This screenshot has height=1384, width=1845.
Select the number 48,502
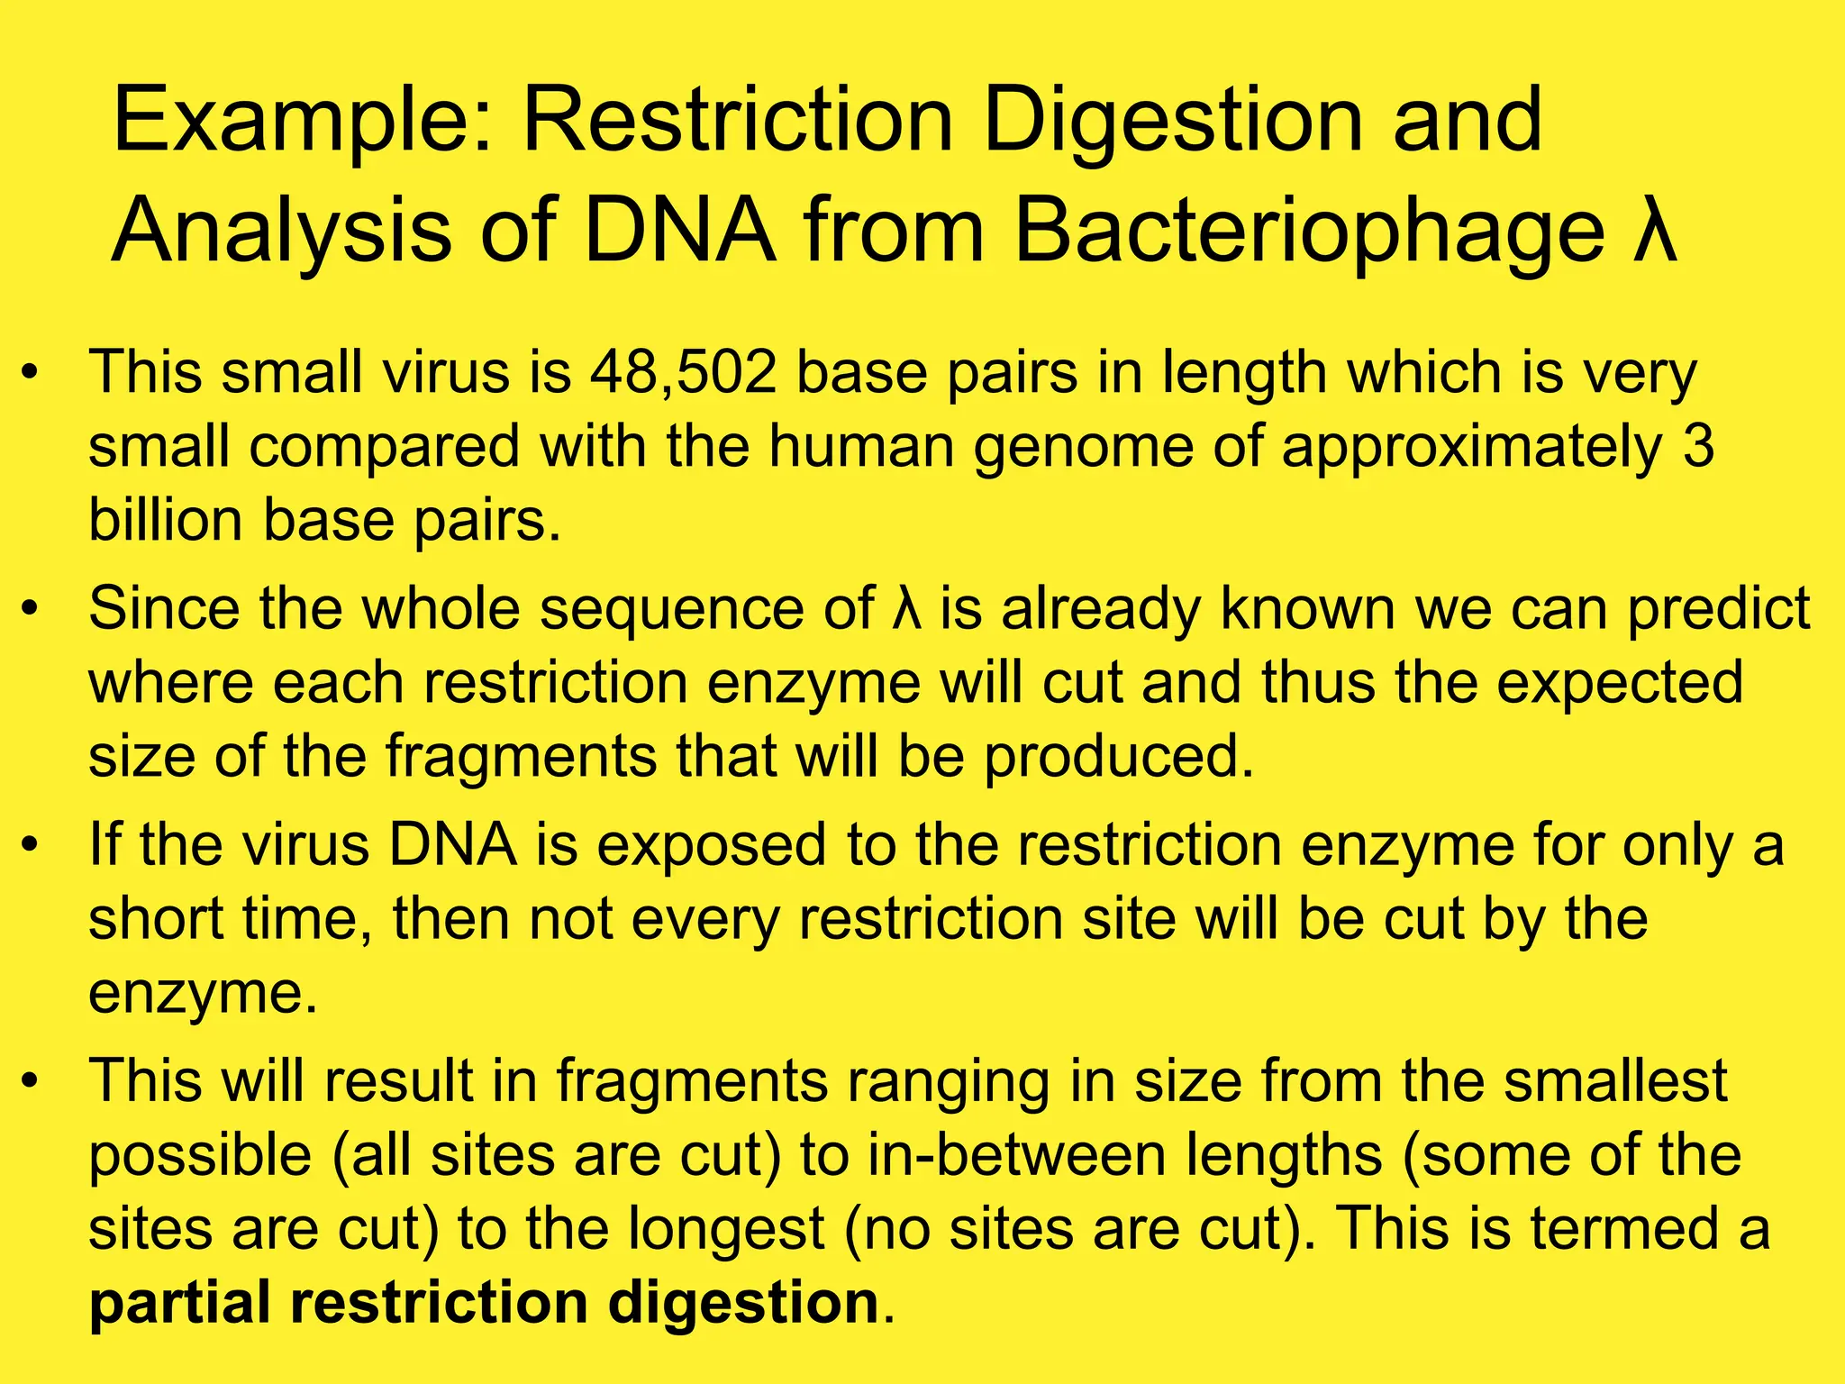click(684, 372)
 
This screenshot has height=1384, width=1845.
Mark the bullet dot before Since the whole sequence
click(31, 610)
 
